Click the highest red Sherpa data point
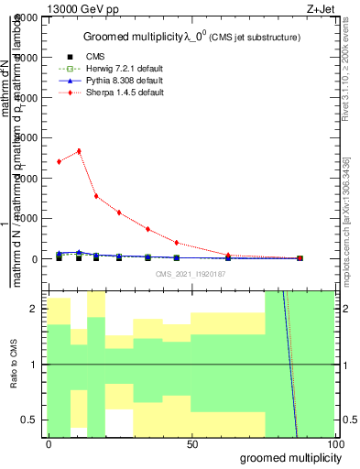click(x=79, y=151)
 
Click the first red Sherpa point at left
click(x=59, y=161)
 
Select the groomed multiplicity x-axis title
click(x=286, y=457)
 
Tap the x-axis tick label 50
click(x=192, y=444)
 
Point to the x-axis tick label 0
click(x=49, y=444)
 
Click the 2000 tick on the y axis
click(x=30, y=178)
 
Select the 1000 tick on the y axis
click(x=30, y=218)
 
